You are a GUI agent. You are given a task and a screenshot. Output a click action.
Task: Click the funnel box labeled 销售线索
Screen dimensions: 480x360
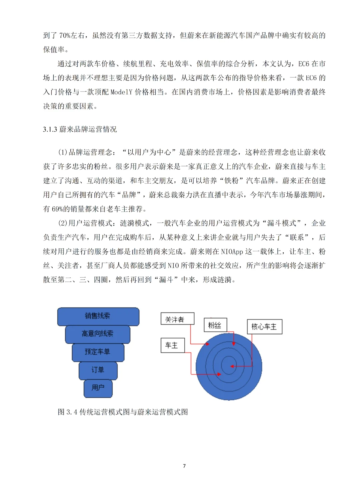click(98, 316)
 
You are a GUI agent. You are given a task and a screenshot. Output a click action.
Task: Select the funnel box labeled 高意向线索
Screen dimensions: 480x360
click(97, 334)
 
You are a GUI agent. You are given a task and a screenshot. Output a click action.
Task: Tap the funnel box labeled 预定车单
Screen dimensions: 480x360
click(98, 352)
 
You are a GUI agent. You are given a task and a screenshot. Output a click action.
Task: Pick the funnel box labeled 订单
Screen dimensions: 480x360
click(98, 370)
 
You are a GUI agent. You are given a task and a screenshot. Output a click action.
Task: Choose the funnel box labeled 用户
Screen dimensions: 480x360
click(98, 388)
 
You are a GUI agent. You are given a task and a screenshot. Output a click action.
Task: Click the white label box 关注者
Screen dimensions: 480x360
click(177, 319)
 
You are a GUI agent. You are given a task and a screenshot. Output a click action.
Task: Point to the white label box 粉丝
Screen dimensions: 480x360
click(215, 325)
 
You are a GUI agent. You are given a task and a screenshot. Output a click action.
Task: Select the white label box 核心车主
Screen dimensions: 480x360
click(264, 327)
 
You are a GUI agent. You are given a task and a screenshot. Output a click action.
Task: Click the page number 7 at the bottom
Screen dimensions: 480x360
click(184, 466)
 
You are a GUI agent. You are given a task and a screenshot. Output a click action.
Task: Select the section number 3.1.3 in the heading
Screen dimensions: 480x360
click(50, 129)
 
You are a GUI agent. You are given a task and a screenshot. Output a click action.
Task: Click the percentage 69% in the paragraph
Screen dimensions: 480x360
click(57, 209)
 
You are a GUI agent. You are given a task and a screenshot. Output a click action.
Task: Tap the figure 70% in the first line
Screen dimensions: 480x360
click(65, 35)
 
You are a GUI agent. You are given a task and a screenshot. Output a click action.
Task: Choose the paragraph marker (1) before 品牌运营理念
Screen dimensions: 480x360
click(63, 152)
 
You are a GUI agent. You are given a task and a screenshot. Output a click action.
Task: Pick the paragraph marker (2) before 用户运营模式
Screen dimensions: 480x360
click(63, 223)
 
